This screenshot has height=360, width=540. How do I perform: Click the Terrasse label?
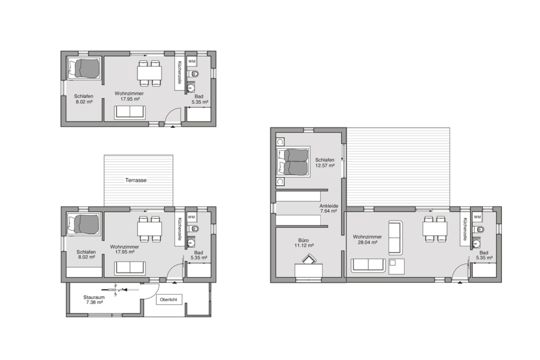tap(136, 180)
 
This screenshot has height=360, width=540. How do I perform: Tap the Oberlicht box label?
tap(169, 299)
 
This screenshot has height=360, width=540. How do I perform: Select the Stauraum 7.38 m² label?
tap(94, 300)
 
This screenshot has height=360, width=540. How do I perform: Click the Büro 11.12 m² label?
tap(304, 243)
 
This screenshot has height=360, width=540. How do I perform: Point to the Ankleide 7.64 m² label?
tap(329, 209)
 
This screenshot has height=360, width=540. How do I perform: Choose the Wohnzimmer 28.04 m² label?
tap(367, 239)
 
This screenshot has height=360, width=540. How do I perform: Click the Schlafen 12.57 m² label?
tap(325, 162)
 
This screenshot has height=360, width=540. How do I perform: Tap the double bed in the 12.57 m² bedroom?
tap(293, 162)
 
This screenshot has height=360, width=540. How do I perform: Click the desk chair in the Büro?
tap(309, 259)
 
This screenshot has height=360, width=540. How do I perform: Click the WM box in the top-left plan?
tap(192, 62)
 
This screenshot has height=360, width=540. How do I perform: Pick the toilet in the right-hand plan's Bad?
tap(479, 230)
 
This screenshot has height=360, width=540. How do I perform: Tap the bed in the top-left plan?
tap(84, 68)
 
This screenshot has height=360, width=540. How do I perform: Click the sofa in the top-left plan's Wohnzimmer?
tap(129, 112)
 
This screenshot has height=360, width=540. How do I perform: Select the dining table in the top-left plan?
tap(149, 73)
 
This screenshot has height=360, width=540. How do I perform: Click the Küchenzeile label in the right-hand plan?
tap(465, 229)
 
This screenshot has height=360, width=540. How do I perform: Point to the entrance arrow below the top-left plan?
tap(172, 127)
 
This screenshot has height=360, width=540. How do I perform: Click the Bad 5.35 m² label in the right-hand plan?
tap(484, 255)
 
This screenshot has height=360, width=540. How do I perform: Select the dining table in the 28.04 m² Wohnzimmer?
tap(435, 228)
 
